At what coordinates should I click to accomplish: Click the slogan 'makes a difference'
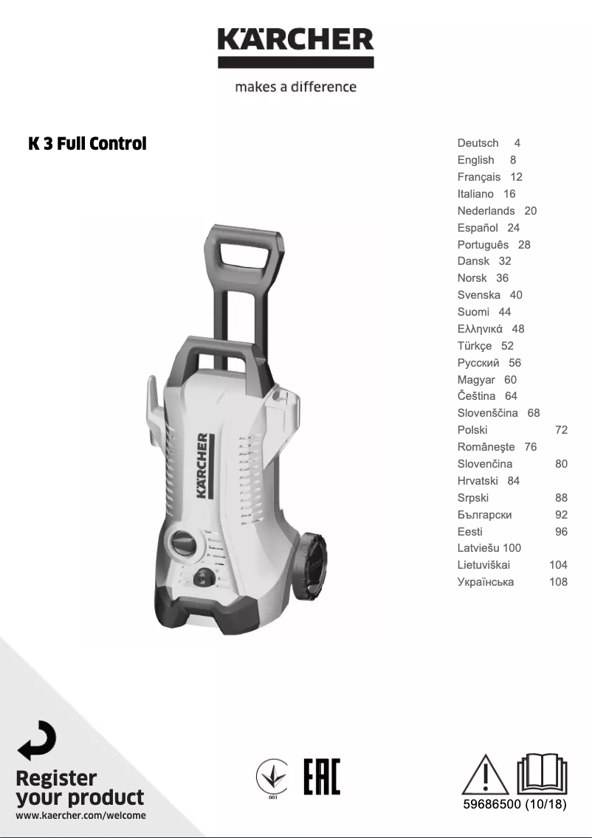[295, 87]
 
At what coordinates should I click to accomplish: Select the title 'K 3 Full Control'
[87, 144]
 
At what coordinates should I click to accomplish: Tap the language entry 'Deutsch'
[478, 143]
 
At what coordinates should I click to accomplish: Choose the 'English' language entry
[475, 160]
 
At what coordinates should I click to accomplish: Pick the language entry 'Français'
[478, 177]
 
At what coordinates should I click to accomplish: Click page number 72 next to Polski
[561, 430]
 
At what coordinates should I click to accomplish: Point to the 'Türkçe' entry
[475, 346]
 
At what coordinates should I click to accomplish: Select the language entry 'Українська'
[486, 582]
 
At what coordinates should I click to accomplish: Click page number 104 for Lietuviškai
[558, 565]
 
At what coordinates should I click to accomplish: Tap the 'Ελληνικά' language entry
[480, 329]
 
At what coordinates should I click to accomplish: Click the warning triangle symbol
[485, 774]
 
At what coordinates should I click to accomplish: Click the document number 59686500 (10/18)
[514, 804]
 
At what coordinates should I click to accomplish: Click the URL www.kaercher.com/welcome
[80, 816]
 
